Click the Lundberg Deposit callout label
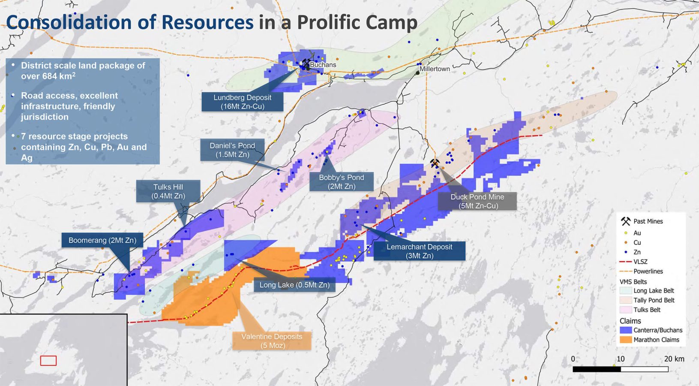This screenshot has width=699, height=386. (242, 102)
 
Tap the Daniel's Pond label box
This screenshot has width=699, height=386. (232, 150)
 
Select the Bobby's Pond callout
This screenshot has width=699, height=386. (341, 181)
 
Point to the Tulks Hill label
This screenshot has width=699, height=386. (168, 191)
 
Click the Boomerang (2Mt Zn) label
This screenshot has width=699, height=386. (102, 240)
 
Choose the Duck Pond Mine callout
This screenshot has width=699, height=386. (477, 201)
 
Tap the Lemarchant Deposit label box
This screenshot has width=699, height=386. (419, 251)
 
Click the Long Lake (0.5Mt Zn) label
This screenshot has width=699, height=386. (294, 285)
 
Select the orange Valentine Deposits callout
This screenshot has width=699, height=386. (272, 341)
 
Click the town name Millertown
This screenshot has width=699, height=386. (435, 69)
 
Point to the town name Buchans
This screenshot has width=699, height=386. (323, 65)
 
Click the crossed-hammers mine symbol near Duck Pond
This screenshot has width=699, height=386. (435, 163)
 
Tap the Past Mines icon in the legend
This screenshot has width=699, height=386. (626, 221)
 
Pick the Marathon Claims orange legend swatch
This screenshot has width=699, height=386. (626, 340)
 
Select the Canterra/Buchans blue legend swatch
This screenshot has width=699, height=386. (626, 330)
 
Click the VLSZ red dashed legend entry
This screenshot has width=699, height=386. (626, 262)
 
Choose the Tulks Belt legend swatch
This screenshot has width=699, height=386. (626, 310)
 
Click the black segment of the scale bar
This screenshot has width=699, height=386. (597, 369)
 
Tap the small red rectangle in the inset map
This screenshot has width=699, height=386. (48, 361)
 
